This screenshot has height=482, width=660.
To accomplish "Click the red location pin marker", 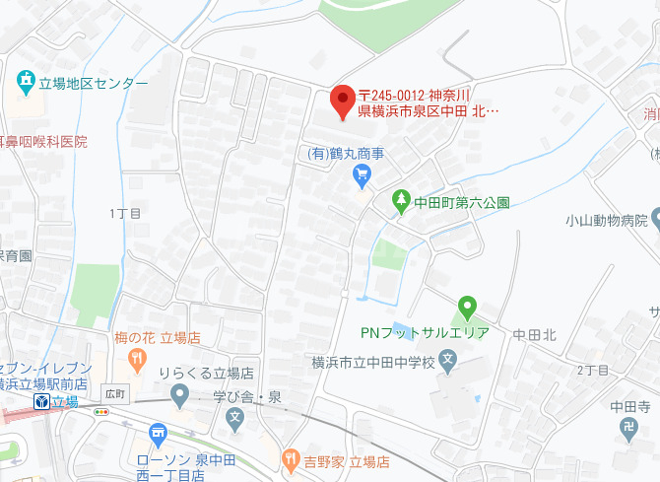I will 342,101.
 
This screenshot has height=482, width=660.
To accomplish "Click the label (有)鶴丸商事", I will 345,154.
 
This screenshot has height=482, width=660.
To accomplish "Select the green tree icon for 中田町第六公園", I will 401,201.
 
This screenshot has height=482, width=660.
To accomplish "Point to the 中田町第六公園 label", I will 461,203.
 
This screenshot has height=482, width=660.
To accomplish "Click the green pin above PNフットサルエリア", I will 468,307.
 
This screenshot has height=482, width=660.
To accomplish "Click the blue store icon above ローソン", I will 157,433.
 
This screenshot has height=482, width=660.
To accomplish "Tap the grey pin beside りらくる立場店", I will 178,396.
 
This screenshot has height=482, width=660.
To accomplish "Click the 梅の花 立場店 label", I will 157,337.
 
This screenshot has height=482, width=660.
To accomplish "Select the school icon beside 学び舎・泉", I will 235,418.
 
